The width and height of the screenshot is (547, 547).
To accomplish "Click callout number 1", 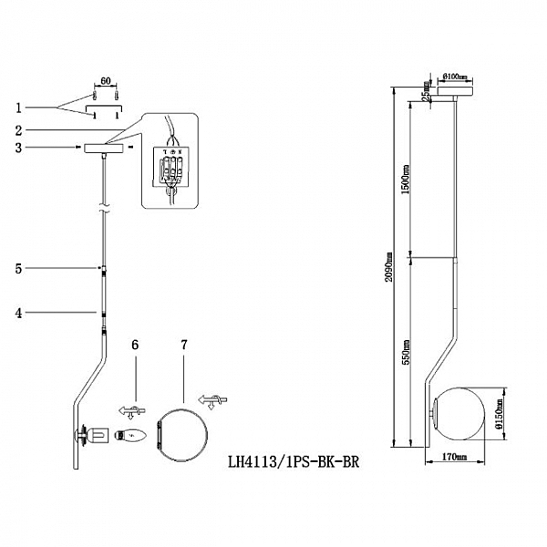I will [x=19, y=108].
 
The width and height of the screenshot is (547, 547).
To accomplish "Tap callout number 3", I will [x=19, y=147].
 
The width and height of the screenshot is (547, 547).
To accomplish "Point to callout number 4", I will [x=19, y=314].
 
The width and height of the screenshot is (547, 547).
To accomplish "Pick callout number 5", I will [x=19, y=268].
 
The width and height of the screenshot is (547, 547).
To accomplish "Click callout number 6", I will [x=135, y=345].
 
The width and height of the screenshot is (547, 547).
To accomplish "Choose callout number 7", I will [x=184, y=345].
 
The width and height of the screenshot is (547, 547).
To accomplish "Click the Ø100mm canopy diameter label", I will [x=456, y=76].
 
